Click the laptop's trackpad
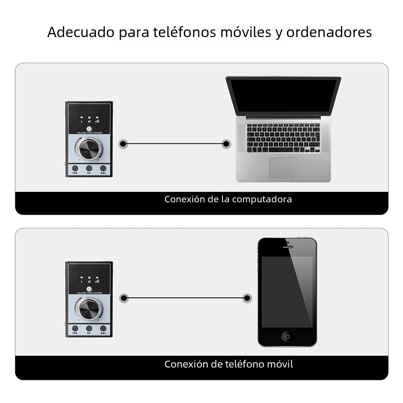[283, 167]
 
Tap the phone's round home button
[287, 335]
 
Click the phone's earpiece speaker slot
[287, 247]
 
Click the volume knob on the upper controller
[89, 149]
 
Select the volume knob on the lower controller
[89, 310]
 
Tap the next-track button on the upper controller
[103, 168]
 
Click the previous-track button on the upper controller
[75, 168]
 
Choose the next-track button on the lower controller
[103, 328]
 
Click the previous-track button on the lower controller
[75, 328]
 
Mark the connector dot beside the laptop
[226, 143]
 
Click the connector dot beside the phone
[247, 298]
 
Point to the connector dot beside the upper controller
[123, 143]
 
